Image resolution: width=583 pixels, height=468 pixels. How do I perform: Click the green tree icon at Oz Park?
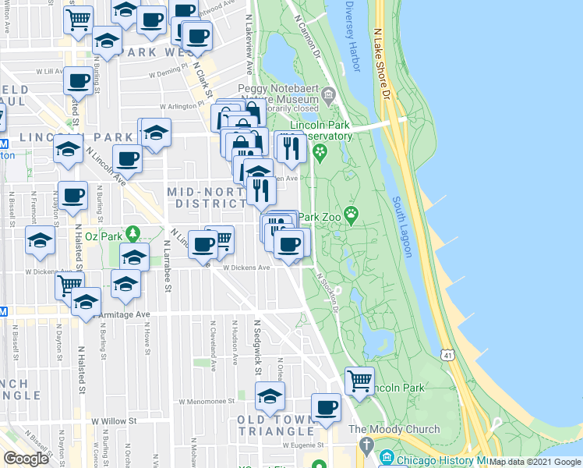(x=133, y=232)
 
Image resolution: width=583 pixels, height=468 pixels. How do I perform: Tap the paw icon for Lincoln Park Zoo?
(x=352, y=212)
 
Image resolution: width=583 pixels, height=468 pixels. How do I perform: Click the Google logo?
(x=26, y=458)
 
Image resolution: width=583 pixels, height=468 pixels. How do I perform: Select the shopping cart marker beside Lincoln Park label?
(x=359, y=381)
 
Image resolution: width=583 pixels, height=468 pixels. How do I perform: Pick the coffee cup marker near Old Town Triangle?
(x=327, y=406)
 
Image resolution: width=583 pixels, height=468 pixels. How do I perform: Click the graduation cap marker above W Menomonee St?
(x=270, y=395)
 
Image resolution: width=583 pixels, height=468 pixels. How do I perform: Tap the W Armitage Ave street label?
(x=125, y=314)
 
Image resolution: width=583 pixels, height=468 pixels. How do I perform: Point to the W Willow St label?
(x=114, y=420)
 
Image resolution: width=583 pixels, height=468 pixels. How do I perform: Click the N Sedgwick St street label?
(x=256, y=344)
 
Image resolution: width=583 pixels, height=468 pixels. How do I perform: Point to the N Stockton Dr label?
(x=329, y=290)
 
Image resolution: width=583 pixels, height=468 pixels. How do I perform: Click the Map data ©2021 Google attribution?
(x=535, y=462)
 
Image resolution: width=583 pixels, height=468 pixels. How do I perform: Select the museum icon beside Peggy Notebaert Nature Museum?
(x=328, y=97)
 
